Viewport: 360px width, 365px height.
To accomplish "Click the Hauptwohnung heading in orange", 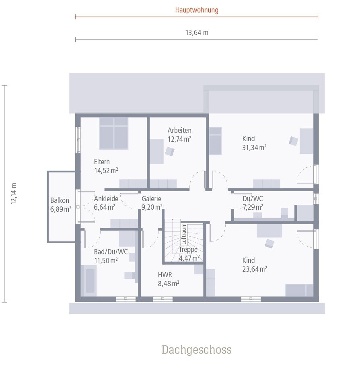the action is point(197,10).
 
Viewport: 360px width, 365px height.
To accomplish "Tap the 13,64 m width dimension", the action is point(197,33).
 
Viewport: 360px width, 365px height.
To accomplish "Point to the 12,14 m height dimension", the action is point(14,194).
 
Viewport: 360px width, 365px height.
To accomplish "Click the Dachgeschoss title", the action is point(197,350).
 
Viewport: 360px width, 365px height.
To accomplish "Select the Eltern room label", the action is point(102,161).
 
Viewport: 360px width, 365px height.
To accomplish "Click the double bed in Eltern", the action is point(114,133).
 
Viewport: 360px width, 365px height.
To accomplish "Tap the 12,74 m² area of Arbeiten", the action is point(180,139).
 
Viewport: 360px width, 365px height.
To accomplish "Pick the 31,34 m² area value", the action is point(254,148).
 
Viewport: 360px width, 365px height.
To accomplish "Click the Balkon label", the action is point(60,200).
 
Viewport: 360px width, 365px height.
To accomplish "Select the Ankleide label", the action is point(106,198).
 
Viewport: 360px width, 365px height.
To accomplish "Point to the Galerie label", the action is point(151,198).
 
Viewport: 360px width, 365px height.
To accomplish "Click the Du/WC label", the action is point(253,198).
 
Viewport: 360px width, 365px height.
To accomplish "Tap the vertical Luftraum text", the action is point(184,234).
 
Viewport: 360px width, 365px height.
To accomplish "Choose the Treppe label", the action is point(188,250).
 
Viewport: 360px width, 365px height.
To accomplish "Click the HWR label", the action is point(165,275).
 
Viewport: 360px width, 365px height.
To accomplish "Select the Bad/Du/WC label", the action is point(111,252).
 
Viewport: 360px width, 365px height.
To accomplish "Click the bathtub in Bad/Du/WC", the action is point(88,280).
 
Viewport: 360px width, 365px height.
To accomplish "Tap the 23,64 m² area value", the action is point(255,269).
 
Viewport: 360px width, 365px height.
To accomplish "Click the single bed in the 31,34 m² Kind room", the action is point(215,141).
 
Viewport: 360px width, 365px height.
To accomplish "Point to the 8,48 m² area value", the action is point(169,284).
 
